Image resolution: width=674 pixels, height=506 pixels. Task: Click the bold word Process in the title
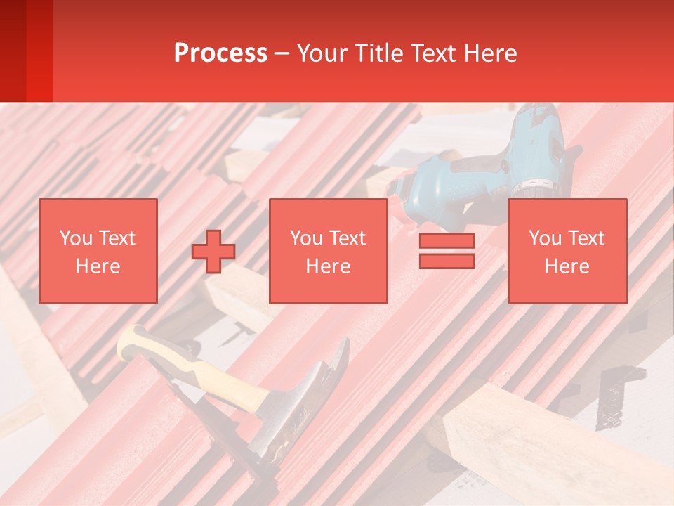coord(220,53)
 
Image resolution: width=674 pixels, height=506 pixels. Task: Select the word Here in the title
coord(490,53)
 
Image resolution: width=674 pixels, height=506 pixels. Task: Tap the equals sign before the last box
coord(447,251)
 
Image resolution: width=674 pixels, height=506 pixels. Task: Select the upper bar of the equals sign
coord(447,241)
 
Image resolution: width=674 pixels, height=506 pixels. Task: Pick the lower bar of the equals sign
coord(447,261)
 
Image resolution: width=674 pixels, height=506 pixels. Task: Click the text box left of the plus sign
coord(98,251)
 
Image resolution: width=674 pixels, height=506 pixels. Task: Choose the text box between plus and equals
coord(328,251)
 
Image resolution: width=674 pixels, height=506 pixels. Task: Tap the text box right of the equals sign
coord(567,251)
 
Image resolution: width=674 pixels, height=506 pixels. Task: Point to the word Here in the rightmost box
coord(567,266)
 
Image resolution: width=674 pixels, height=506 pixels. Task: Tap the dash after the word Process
coord(282,53)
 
